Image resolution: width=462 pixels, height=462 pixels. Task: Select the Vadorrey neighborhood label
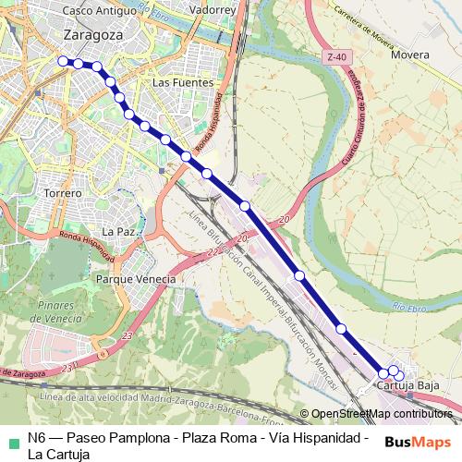click(211, 10)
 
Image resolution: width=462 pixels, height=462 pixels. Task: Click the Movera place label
click(409, 55)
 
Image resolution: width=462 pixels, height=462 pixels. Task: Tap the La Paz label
click(119, 231)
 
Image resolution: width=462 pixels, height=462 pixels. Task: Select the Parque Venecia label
click(136, 279)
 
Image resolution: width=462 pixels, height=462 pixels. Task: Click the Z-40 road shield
click(337, 57)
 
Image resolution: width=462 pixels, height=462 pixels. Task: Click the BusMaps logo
click(418, 441)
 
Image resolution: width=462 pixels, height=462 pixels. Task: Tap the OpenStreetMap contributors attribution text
click(382, 414)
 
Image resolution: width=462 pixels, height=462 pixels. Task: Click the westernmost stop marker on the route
click(63, 61)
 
